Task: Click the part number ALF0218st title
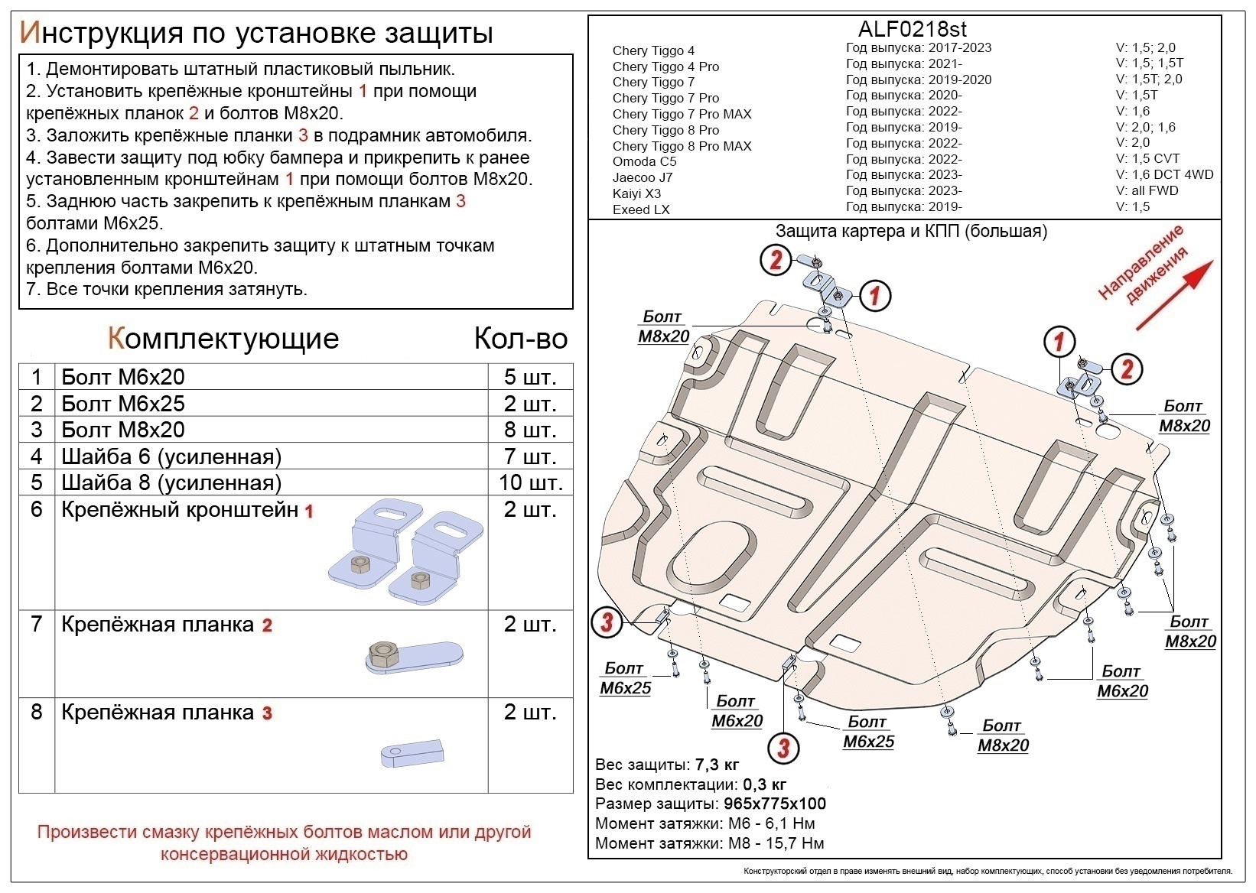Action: coord(912,29)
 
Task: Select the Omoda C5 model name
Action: coord(644,161)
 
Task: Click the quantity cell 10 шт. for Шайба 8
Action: coord(530,482)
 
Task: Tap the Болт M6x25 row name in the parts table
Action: coord(122,404)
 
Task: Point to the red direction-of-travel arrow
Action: coord(1174,295)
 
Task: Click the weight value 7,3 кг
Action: coord(717,765)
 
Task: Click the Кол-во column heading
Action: coord(520,339)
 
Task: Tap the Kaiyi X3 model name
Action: coord(636,193)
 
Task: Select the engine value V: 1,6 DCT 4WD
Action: coord(1164,174)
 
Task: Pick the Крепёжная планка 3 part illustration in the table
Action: coord(412,753)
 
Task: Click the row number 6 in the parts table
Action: coord(37,509)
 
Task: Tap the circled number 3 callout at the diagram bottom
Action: coord(783,746)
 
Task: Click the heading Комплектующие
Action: coord(223,339)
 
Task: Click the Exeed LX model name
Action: coord(641,209)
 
